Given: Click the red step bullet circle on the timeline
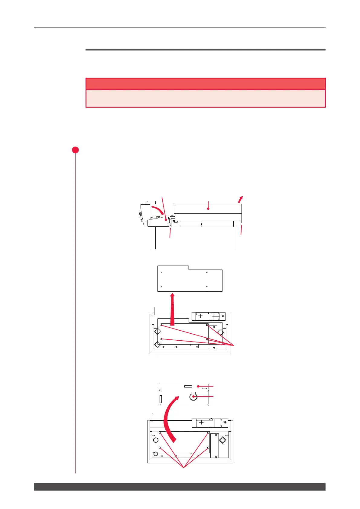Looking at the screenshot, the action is click(76, 150).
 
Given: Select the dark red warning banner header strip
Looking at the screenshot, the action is click(205, 84).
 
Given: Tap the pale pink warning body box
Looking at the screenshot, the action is click(205, 98).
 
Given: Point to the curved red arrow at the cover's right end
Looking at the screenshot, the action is click(240, 199).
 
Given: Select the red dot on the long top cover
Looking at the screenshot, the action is click(209, 208).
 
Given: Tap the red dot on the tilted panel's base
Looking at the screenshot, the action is click(166, 221).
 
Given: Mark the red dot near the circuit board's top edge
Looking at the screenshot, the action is click(198, 386).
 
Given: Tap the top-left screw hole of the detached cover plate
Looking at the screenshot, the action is click(161, 272).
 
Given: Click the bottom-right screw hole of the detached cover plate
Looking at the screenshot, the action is click(207, 286).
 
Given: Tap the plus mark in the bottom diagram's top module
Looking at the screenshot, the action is click(201, 423).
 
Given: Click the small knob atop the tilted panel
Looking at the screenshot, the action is click(151, 202).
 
